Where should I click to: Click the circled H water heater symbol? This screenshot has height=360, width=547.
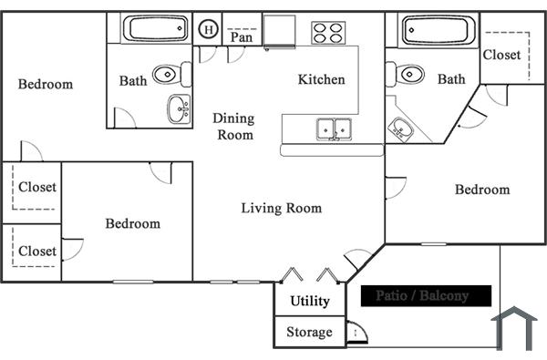pyautogui.click(x=209, y=29)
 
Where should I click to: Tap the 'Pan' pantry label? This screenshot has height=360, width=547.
pyautogui.click(x=242, y=37)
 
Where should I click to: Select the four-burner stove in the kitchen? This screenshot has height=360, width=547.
pyautogui.click(x=329, y=33)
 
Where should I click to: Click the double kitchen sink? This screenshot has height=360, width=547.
pyautogui.click(x=334, y=129)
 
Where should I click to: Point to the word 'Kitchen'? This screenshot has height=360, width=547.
pyautogui.click(x=322, y=79)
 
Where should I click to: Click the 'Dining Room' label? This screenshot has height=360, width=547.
pyautogui.click(x=233, y=126)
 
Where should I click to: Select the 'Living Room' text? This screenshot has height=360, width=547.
pyautogui.click(x=282, y=208)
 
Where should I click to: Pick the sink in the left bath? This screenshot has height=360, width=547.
pyautogui.click(x=178, y=109)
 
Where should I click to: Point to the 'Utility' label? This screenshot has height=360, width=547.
pyautogui.click(x=310, y=302)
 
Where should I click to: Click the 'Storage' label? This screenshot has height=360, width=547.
pyautogui.click(x=309, y=332)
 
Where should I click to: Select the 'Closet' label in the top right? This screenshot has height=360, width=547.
pyautogui.click(x=501, y=55)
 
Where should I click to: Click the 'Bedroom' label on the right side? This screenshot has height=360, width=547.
pyautogui.click(x=482, y=190)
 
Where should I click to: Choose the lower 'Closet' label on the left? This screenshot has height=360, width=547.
pyautogui.click(x=37, y=251)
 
